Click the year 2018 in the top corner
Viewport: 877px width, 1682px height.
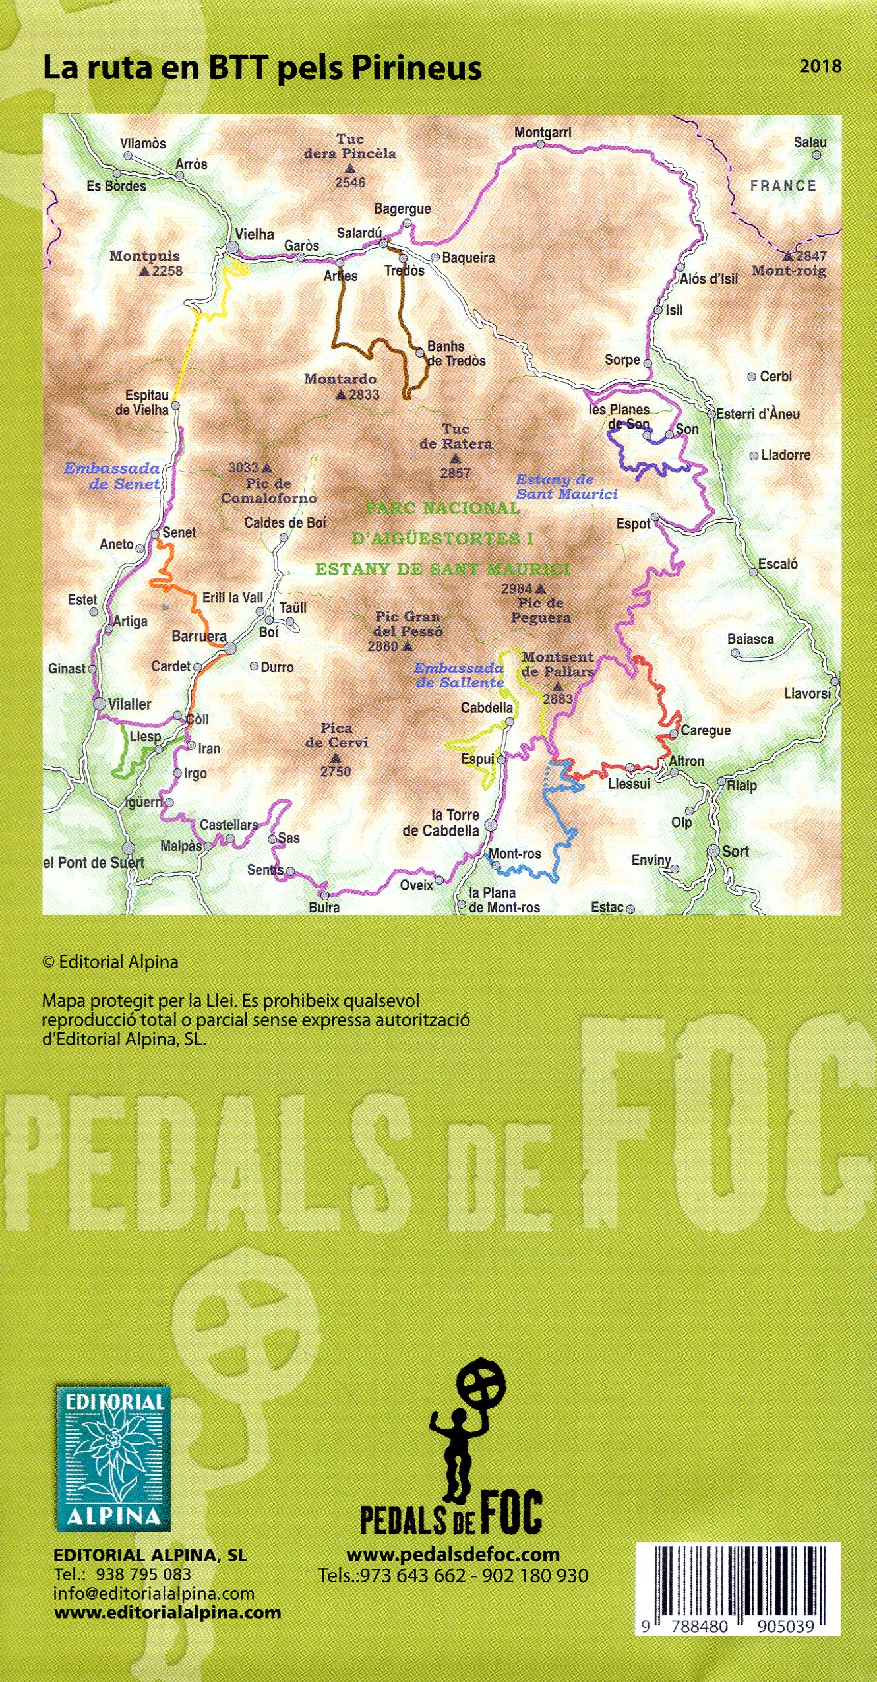[x=820, y=66]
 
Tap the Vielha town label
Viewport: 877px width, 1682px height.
[x=255, y=234]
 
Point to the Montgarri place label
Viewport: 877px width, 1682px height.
[x=543, y=133]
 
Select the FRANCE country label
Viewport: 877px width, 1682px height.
[x=783, y=186]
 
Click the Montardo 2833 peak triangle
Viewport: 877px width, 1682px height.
[x=341, y=395]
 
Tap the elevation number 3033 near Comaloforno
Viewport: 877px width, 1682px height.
[x=243, y=468]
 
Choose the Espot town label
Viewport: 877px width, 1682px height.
[x=633, y=524]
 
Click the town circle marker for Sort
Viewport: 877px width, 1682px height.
[x=713, y=851]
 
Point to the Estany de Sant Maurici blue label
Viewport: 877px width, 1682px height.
[x=566, y=487]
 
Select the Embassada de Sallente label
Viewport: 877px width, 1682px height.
[x=459, y=675]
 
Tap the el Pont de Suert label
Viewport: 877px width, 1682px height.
[x=93, y=863]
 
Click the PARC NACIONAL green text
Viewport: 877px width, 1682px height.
[x=442, y=509]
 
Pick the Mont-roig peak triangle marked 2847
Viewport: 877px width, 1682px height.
[x=788, y=256]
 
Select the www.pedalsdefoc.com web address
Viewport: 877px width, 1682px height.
[x=453, y=1555]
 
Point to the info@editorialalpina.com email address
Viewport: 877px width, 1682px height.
[x=154, y=1594]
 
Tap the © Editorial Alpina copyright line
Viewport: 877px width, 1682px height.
[x=110, y=962]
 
